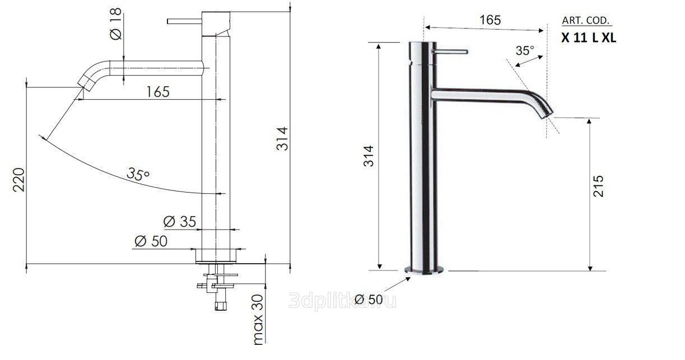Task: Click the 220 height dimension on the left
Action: coord(19,180)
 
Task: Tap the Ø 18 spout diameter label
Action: coord(116,24)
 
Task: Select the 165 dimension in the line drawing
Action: coord(158,92)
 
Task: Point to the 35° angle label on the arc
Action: coord(138,174)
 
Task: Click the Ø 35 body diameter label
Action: coord(179,222)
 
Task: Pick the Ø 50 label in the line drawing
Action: coord(151,241)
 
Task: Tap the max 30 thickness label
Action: coord(258,320)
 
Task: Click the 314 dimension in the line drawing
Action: coord(282,139)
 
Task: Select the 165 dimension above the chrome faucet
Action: coord(490,20)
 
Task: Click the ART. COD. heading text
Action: coord(586,21)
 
